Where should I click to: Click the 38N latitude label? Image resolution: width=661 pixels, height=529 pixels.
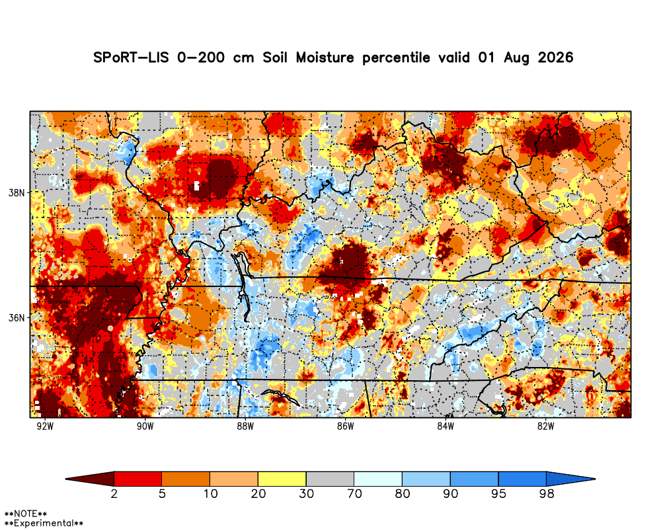tap(17, 193)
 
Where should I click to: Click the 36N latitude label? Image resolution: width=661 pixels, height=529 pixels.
tap(17, 317)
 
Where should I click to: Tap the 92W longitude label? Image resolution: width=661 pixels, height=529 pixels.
tap(45, 427)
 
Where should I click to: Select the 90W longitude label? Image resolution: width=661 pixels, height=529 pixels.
tap(145, 427)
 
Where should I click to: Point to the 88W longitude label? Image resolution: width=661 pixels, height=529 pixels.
tap(245, 427)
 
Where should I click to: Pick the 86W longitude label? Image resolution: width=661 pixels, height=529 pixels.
tap(345, 427)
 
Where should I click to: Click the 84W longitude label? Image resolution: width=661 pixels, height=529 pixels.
tap(446, 427)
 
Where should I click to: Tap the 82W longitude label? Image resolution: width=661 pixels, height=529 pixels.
tap(545, 427)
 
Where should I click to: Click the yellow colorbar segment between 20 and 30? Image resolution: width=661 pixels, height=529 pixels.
tap(282, 479)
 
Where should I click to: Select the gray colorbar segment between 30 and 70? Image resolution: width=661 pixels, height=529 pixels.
tap(330, 479)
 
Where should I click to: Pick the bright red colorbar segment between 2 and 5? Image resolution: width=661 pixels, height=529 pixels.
tap(138, 479)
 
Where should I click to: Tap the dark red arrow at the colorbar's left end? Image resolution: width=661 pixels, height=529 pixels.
tap(90, 479)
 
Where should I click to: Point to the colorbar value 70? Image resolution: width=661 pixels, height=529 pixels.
tap(354, 493)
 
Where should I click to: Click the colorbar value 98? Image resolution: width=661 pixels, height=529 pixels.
tap(547, 493)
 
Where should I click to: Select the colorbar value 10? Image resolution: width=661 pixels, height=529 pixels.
tap(210, 493)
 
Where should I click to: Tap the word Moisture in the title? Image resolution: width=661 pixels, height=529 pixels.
tap(325, 58)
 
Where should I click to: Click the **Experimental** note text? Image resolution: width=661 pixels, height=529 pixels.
tap(44, 523)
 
